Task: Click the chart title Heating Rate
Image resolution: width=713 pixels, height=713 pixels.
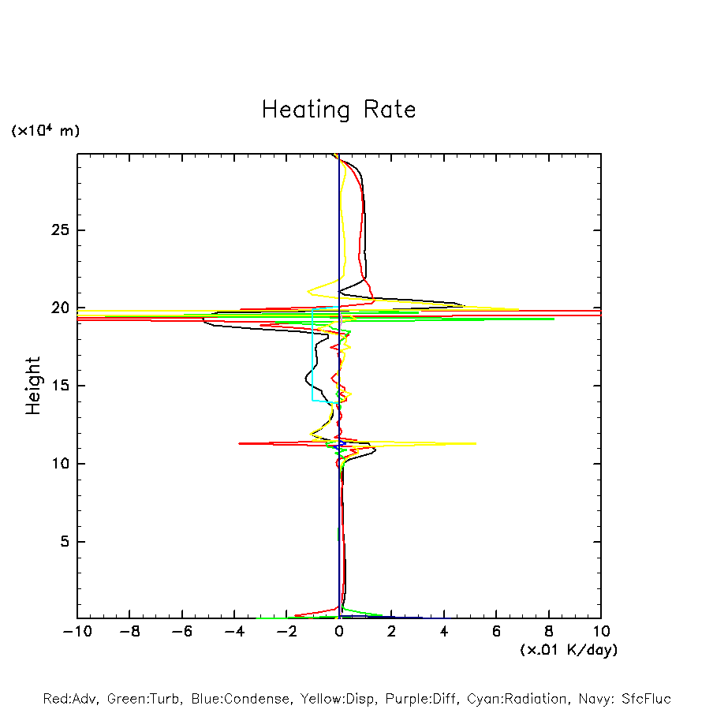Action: coord(338,110)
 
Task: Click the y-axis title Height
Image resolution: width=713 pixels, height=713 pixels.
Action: coord(33,386)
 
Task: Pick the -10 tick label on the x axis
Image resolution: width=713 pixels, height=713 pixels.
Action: coord(77,632)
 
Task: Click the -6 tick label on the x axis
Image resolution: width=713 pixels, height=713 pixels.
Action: coord(181,632)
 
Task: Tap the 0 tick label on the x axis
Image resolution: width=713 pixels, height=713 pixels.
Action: coord(339,632)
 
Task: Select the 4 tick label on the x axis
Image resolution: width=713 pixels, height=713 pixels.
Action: coord(444,632)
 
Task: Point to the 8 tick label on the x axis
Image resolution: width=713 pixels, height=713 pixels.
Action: coord(549,632)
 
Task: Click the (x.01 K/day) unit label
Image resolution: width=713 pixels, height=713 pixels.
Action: coord(569,650)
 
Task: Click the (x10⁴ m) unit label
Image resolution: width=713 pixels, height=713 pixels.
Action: coord(45,130)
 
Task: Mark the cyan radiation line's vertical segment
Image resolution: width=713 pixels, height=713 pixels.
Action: coord(312,355)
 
